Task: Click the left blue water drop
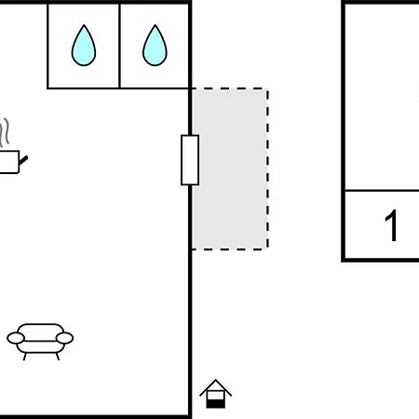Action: tap(84, 47)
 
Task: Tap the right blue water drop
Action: tap(155, 47)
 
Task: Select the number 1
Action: tap(392, 225)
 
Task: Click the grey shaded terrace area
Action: tap(230, 169)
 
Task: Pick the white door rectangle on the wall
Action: tap(190, 160)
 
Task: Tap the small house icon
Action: tap(216, 394)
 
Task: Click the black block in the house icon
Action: tap(216, 403)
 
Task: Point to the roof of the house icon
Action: tap(216, 387)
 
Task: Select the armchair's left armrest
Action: tap(16, 338)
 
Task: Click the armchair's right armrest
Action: tap(64, 338)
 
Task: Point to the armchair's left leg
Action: tap(25, 357)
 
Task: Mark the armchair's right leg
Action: tap(58, 357)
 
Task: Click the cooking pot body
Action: tap(9, 162)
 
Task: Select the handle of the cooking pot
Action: tap(23, 160)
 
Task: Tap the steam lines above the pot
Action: tap(5, 132)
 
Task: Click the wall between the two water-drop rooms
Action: tap(119, 46)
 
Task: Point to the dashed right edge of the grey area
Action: tap(267, 169)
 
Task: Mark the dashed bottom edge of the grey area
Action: tap(230, 249)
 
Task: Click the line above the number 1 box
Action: tap(382, 190)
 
